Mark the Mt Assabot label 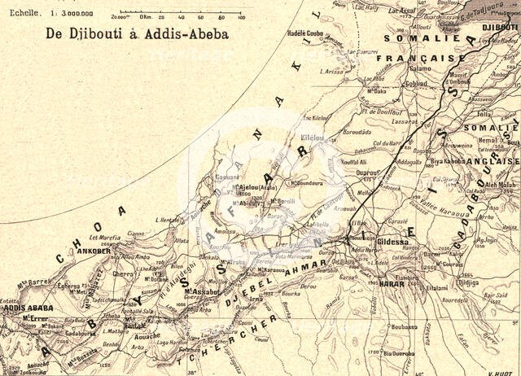tap(199, 291)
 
